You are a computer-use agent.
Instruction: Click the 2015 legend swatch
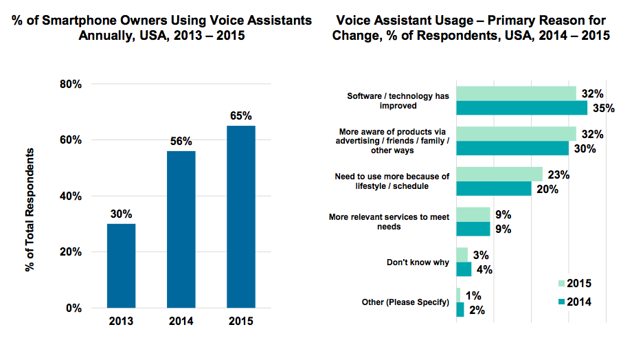pos(561,283)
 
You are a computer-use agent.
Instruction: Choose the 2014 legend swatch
pos(561,301)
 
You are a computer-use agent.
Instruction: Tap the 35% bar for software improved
pos(521,108)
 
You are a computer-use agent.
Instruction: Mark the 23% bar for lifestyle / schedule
pos(499,175)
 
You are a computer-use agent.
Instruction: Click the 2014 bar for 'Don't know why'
pos(464,269)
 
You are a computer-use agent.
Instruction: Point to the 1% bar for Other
pos(458,295)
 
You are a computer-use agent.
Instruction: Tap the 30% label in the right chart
pos(584,148)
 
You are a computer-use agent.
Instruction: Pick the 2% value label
pos(477,310)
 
